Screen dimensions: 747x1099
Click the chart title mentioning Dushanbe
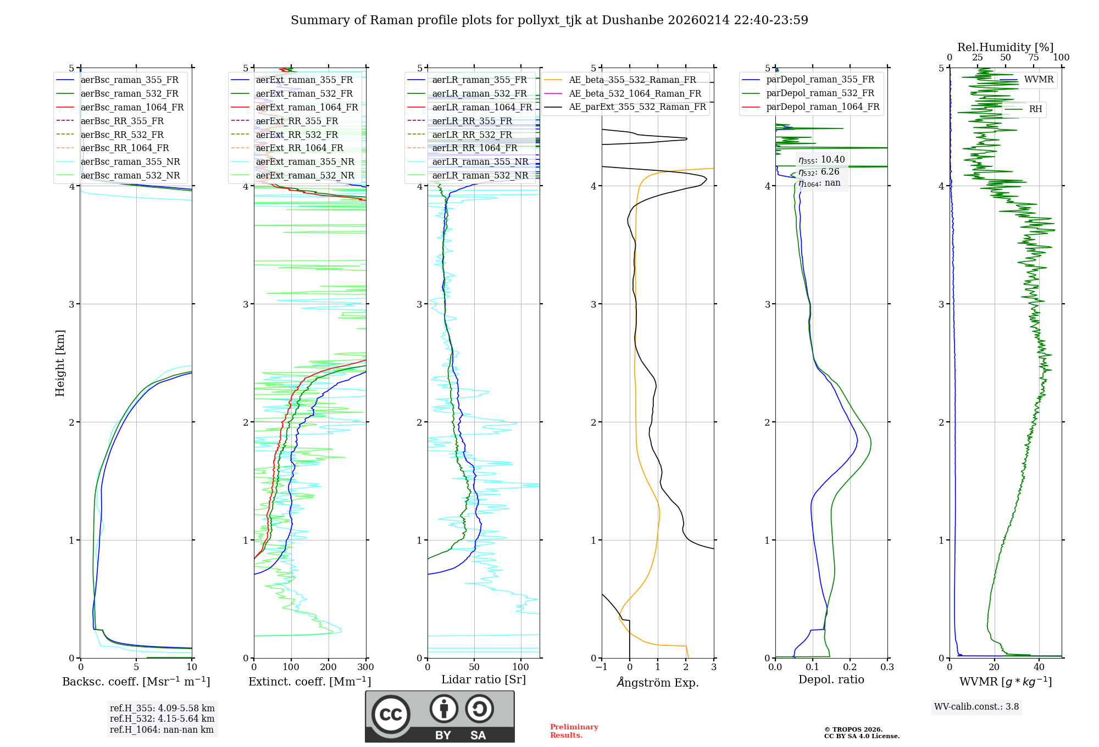[x=549, y=20]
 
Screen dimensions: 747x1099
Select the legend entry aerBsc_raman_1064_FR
[x=132, y=107]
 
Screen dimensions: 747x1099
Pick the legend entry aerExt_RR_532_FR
[x=297, y=135]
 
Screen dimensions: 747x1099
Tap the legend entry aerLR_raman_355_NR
[x=480, y=161]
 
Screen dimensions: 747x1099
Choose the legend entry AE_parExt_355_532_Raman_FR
[x=637, y=107]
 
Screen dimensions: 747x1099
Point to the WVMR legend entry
[x=1039, y=80]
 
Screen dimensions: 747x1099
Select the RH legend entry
[x=1035, y=109]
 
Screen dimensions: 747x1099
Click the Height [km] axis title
[x=60, y=363]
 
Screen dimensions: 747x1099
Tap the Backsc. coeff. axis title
[x=136, y=682]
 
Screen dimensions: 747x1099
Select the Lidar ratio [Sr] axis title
[x=483, y=679]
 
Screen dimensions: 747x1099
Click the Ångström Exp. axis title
[x=657, y=682]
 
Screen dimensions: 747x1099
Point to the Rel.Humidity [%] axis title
[x=1005, y=47]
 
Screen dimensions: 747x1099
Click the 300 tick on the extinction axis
[x=365, y=667]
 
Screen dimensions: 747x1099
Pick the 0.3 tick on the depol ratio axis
[x=887, y=667]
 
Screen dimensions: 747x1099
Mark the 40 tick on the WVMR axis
[x=1039, y=667]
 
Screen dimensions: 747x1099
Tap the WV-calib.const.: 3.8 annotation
[x=976, y=706]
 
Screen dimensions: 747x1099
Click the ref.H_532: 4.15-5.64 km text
[x=162, y=718]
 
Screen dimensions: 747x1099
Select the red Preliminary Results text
[x=574, y=731]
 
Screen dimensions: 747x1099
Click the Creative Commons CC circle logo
[x=391, y=715]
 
